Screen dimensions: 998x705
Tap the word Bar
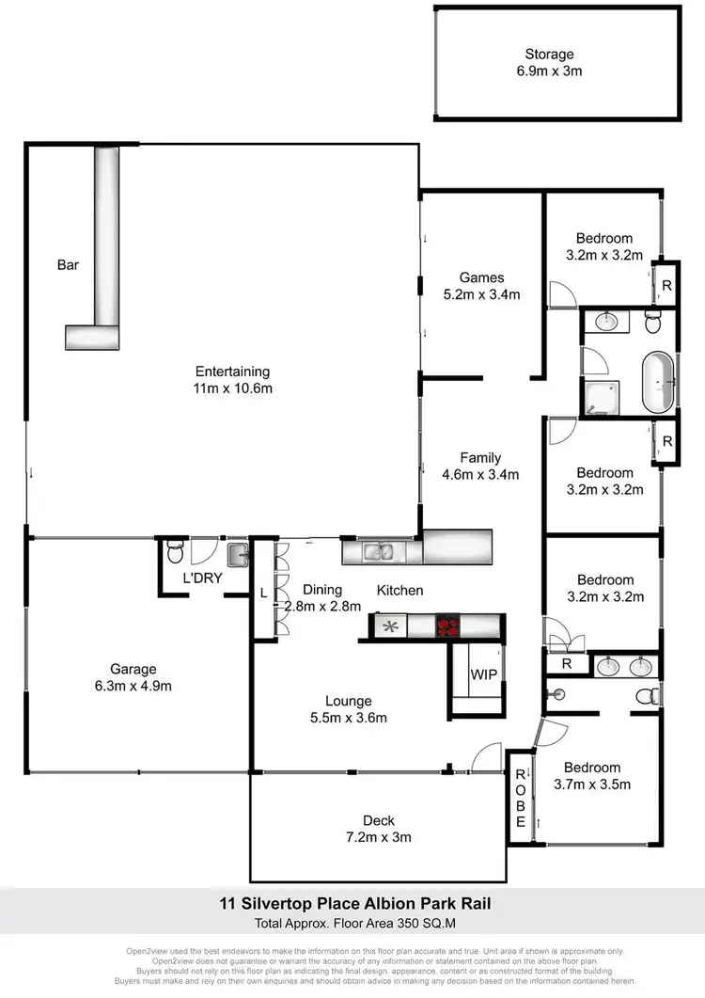pyautogui.click(x=68, y=266)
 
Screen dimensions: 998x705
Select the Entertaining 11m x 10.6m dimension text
pyautogui.click(x=232, y=388)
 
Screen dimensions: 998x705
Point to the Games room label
pyautogui.click(x=481, y=277)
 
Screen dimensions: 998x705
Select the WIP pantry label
pyautogui.click(x=482, y=674)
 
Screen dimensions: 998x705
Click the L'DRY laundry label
pyautogui.click(x=202, y=578)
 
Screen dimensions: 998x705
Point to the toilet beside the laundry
pyautogui.click(x=172, y=550)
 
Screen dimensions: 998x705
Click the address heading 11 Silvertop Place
pyautogui.click(x=352, y=905)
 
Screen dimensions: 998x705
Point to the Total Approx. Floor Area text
pyautogui.click(x=352, y=924)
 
